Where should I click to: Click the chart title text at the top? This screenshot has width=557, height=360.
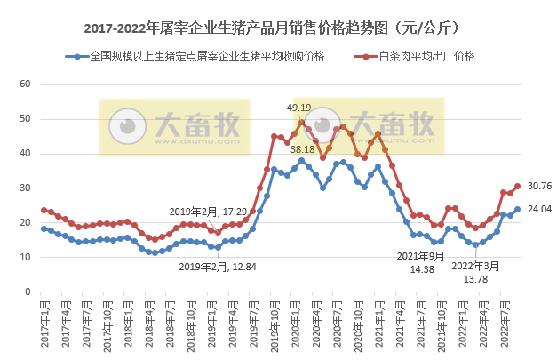(278, 28)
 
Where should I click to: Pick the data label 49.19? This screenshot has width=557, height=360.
(298, 108)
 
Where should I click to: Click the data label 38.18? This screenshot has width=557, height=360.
(302, 149)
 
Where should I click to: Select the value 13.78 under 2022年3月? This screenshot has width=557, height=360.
(475, 279)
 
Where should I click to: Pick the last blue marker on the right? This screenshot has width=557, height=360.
(518, 210)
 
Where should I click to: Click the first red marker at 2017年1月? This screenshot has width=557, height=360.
(44, 211)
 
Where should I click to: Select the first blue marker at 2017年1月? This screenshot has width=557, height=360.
(44, 228)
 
